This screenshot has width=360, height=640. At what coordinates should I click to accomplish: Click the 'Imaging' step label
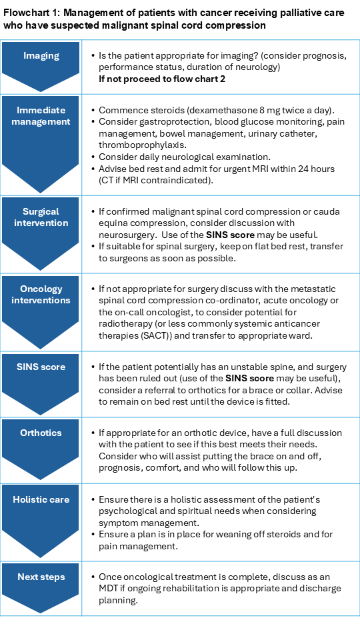[41, 57]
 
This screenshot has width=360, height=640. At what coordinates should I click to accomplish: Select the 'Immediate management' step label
[41, 116]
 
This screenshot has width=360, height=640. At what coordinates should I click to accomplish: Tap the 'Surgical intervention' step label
[41, 217]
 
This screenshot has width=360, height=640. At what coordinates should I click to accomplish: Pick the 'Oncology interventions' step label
[41, 295]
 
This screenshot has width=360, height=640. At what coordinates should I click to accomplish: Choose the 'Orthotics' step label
[41, 433]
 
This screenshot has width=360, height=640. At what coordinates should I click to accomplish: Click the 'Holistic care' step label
[41, 499]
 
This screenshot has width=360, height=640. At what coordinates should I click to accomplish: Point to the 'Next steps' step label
[41, 577]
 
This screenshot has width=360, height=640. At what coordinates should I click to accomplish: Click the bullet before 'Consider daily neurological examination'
[92, 157]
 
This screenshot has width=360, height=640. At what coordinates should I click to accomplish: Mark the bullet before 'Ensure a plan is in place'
[92, 535]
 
